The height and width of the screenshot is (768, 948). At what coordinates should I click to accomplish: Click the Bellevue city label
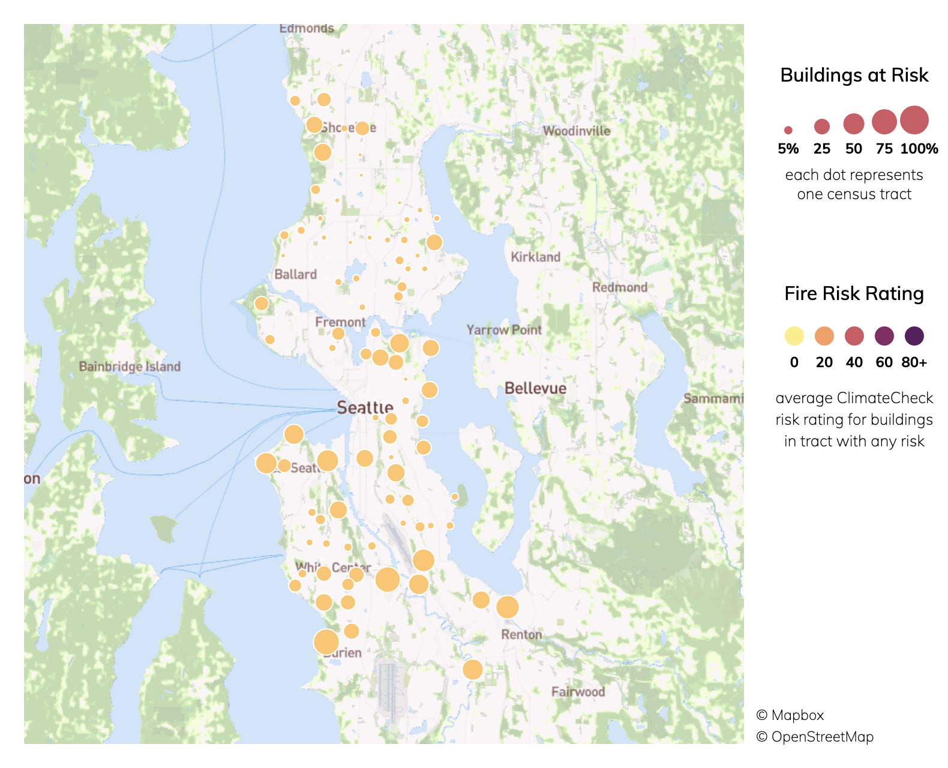pyautogui.click(x=535, y=388)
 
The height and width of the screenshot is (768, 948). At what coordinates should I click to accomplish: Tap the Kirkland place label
pyautogui.click(x=535, y=257)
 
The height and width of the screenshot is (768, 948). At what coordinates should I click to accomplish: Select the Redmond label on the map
pyautogui.click(x=619, y=287)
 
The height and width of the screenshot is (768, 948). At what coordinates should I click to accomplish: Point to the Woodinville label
pyautogui.click(x=576, y=131)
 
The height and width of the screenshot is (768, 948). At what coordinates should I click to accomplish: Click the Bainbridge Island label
pyautogui.click(x=130, y=367)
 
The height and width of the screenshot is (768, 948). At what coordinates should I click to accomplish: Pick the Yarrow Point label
pyautogui.click(x=504, y=329)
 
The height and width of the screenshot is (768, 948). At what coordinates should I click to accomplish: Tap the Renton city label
pyautogui.click(x=521, y=634)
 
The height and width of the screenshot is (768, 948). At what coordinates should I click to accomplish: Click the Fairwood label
pyautogui.click(x=578, y=692)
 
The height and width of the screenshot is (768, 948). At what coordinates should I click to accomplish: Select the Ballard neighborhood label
pyautogui.click(x=295, y=274)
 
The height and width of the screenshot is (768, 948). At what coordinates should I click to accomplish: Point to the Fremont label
pyautogui.click(x=340, y=322)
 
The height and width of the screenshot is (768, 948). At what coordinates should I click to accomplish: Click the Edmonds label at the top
pyautogui.click(x=306, y=28)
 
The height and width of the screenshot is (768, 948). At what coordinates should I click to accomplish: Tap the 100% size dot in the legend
pyautogui.click(x=914, y=120)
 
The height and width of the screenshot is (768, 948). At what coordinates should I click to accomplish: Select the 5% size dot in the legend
pyautogui.click(x=788, y=130)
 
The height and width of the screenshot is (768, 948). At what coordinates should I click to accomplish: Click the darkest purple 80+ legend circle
pyautogui.click(x=914, y=336)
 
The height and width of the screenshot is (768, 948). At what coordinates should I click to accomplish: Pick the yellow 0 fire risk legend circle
pyautogui.click(x=794, y=336)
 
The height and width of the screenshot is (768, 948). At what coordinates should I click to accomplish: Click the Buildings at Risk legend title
pyautogui.click(x=854, y=75)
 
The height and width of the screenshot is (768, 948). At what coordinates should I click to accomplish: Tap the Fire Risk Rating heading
pyautogui.click(x=854, y=293)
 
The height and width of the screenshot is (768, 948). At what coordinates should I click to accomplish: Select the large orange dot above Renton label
pyautogui.click(x=508, y=607)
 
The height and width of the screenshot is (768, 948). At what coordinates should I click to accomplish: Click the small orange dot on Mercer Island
pyautogui.click(x=455, y=497)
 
